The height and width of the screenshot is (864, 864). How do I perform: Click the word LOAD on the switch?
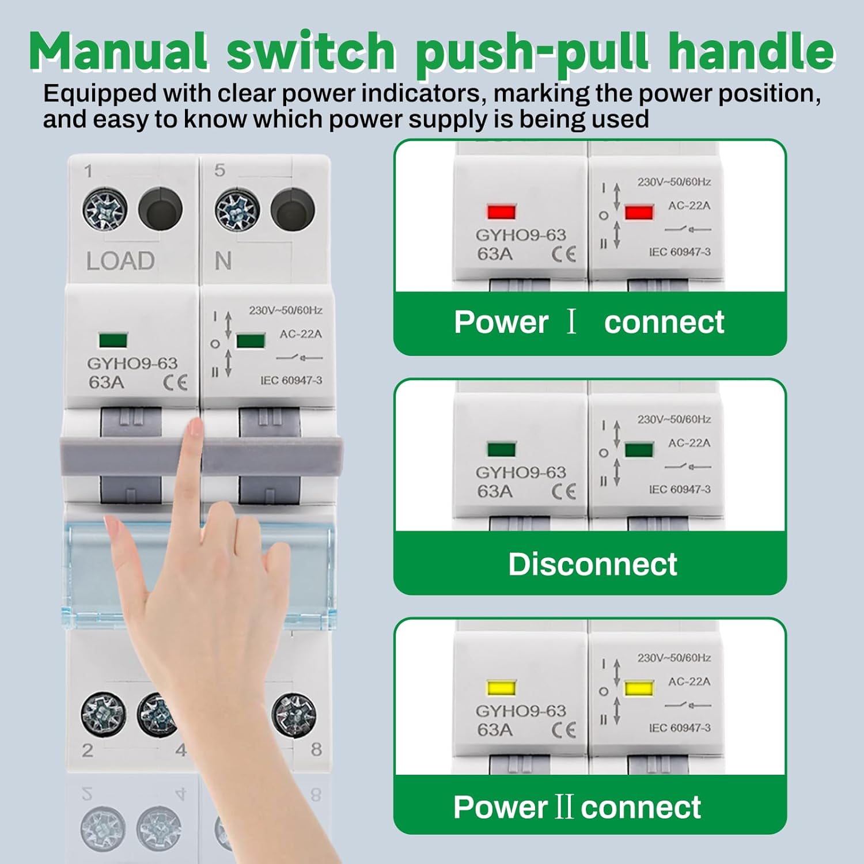tap(120, 261)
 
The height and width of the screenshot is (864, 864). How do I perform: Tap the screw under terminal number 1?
tap(105, 210)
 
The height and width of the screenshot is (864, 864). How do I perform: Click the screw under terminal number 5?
tap(237, 210)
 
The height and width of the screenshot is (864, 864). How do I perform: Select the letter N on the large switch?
tap(223, 262)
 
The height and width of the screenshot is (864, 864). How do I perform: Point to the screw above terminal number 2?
tap(103, 714)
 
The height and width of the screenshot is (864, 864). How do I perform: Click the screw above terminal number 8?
tap(294, 714)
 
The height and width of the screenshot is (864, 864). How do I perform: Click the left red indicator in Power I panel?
tap(502, 211)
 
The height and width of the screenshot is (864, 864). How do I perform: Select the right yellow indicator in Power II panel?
tap(639, 688)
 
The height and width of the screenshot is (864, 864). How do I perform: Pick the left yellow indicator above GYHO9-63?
tap(502, 688)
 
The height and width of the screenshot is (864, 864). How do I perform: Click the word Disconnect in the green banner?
tap(592, 564)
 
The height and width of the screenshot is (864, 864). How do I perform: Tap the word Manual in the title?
tap(119, 52)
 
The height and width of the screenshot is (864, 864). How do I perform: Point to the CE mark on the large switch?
tap(175, 383)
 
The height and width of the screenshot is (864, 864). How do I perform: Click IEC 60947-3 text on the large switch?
tap(291, 381)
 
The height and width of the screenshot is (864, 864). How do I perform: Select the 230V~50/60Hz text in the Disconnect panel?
tap(673, 419)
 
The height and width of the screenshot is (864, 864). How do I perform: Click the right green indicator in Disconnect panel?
tap(639, 450)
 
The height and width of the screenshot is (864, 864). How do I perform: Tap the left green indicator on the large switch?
tap(113, 340)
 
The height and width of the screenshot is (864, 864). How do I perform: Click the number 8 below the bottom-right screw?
tap(316, 749)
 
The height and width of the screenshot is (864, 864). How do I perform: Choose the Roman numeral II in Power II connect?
tap(564, 806)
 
